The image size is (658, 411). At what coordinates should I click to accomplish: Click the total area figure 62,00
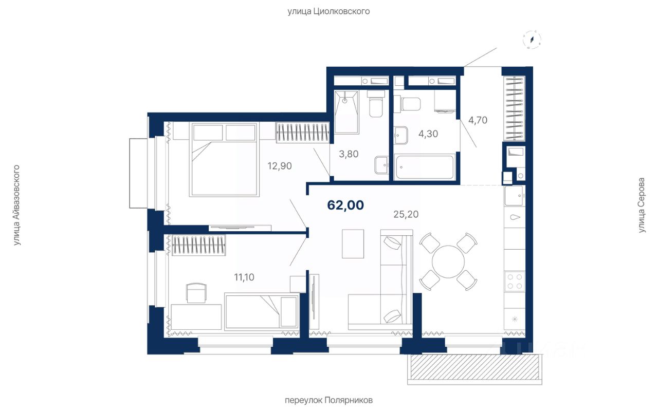click(345, 205)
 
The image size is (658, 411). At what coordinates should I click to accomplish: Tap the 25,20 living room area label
click(406, 214)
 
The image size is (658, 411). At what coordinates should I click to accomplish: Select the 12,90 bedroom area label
click(280, 166)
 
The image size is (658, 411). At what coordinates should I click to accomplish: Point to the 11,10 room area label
click(244, 277)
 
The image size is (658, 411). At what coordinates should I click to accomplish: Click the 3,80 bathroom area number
click(349, 154)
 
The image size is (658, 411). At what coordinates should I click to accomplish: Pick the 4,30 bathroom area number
click(428, 134)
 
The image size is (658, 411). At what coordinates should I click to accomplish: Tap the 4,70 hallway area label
click(478, 120)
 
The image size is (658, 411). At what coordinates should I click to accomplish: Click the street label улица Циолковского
click(328, 11)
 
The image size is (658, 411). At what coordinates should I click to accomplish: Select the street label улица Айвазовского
click(17, 205)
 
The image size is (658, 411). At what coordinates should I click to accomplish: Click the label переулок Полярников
click(328, 400)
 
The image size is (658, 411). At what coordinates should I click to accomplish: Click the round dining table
click(448, 261)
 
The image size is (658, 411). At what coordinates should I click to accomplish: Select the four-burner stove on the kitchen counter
click(515, 281)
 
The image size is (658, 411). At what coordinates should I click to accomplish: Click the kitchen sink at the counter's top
click(514, 196)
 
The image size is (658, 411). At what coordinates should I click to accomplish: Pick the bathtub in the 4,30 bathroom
click(425, 167)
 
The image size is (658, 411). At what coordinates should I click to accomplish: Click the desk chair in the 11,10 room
click(196, 292)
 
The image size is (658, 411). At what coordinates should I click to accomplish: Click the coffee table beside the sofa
click(353, 244)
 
